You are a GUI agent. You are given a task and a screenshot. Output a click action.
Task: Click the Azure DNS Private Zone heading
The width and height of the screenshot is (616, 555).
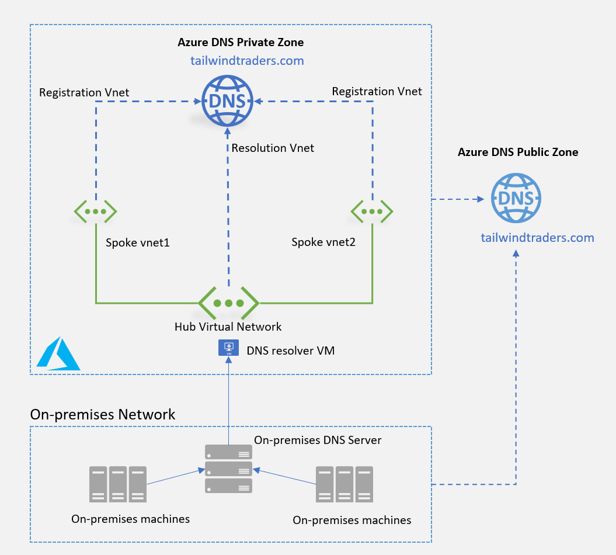[241, 43]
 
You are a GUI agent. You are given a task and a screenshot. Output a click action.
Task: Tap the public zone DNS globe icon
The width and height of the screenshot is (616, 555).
[516, 197]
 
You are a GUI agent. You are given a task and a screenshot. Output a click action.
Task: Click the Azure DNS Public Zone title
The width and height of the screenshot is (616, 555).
[518, 152]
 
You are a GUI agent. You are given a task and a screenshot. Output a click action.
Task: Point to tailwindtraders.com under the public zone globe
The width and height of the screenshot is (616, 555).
[537, 238]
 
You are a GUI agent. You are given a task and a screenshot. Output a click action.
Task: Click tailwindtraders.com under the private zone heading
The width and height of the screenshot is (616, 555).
[247, 61]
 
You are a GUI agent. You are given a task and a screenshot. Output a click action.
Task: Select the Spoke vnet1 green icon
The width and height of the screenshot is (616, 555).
[95, 211]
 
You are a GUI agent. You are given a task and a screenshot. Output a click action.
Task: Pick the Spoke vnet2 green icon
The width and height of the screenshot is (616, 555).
[372, 211]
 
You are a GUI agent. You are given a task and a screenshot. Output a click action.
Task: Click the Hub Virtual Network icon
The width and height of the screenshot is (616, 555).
[228, 303]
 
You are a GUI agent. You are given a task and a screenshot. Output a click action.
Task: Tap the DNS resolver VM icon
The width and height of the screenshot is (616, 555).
[228, 349]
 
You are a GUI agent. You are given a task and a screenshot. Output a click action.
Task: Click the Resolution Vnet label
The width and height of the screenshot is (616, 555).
[273, 148]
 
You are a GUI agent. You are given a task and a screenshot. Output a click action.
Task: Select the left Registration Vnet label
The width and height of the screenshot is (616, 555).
[84, 92]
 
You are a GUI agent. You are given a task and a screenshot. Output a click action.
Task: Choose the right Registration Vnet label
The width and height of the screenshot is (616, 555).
[377, 91]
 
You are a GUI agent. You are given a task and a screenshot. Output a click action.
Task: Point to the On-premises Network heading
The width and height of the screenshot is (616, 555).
[103, 414]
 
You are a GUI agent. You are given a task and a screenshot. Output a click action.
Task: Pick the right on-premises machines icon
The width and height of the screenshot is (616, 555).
[344, 484]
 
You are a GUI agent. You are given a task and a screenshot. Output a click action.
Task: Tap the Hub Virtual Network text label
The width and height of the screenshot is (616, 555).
[228, 327]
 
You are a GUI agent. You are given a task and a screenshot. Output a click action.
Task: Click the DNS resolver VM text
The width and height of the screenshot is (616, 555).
[291, 351]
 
